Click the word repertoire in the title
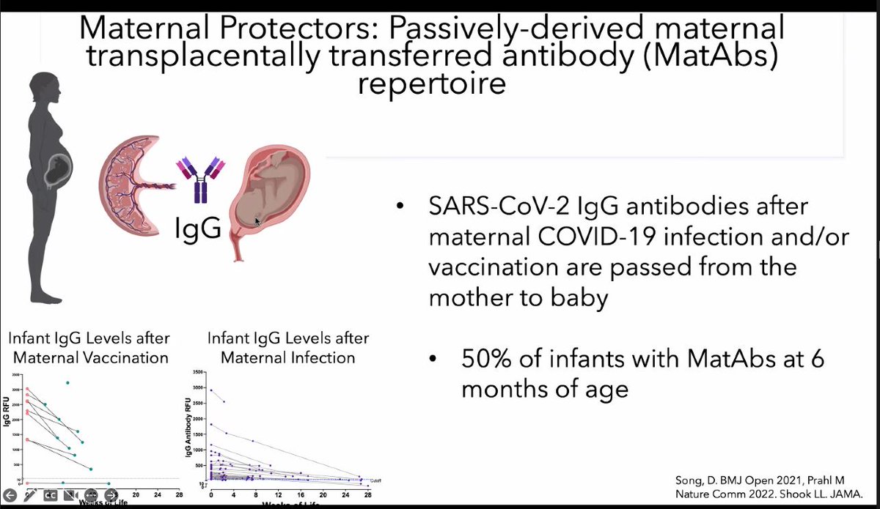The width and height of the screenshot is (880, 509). click(432, 83)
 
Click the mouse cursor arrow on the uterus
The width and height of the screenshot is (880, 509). click(257, 220)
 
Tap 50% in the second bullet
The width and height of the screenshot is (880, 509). click(488, 360)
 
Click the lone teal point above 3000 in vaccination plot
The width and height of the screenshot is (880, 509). click(68, 382)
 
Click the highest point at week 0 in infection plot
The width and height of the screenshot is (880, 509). click(211, 390)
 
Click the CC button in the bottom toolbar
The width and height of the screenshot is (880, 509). click(49, 494)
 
